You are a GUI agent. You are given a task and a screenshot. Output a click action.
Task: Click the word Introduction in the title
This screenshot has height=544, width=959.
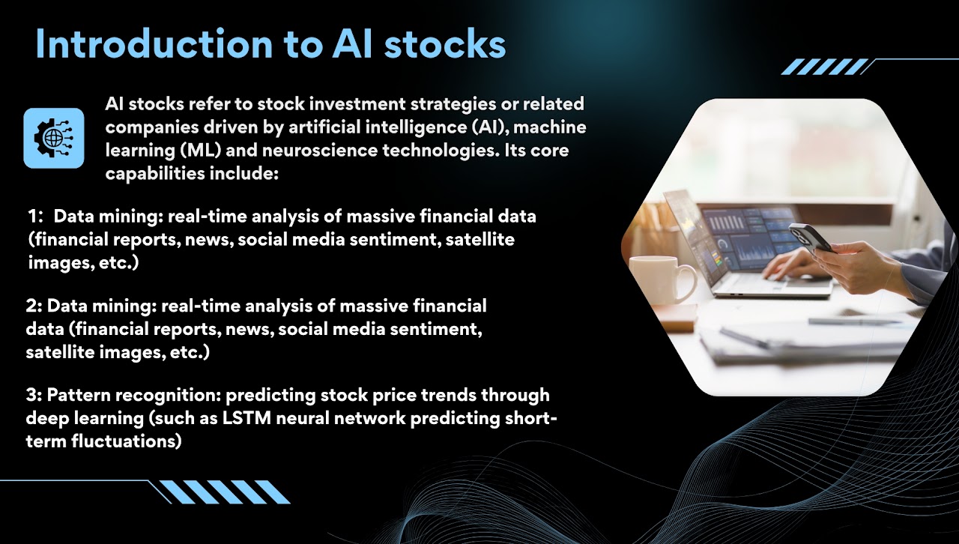pos(154,43)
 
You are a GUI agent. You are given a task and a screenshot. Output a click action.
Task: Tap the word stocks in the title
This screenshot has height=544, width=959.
pos(445,43)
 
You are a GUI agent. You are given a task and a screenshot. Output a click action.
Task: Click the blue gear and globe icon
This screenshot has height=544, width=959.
pos(54,138)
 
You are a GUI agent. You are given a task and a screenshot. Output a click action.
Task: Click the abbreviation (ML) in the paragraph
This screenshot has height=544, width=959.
pos(200,151)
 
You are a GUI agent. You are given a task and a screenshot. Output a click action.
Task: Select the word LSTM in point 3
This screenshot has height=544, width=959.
pos(246,418)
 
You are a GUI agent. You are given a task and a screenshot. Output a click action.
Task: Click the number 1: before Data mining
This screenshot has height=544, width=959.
pos(36,217)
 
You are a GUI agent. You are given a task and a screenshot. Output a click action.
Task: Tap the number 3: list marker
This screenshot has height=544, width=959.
pos(34,395)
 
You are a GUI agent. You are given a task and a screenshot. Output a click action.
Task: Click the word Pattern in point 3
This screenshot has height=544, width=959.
pos(79,395)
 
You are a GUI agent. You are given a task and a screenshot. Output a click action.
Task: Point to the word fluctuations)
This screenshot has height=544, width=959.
pos(127,441)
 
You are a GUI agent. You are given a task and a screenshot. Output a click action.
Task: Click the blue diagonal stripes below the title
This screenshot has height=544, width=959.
pos(825,67)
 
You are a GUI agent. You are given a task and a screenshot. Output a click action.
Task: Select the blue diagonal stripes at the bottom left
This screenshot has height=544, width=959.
pos(225,492)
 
